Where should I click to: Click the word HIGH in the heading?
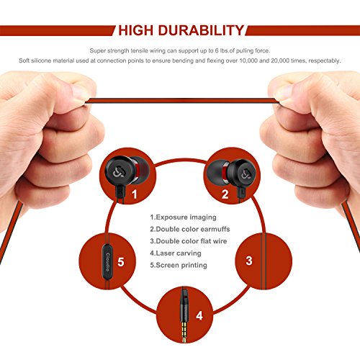pyautogui.click(x=143, y=30)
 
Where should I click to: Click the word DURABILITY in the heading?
pyautogui.click(x=205, y=30)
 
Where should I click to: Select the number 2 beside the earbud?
pyautogui.click(x=225, y=193)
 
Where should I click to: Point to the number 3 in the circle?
pyautogui.click(x=248, y=261)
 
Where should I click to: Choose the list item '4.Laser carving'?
pyautogui.click(x=175, y=253)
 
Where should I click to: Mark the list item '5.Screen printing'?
pyautogui.click(x=179, y=266)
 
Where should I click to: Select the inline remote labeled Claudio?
pyautogui.click(x=106, y=262)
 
